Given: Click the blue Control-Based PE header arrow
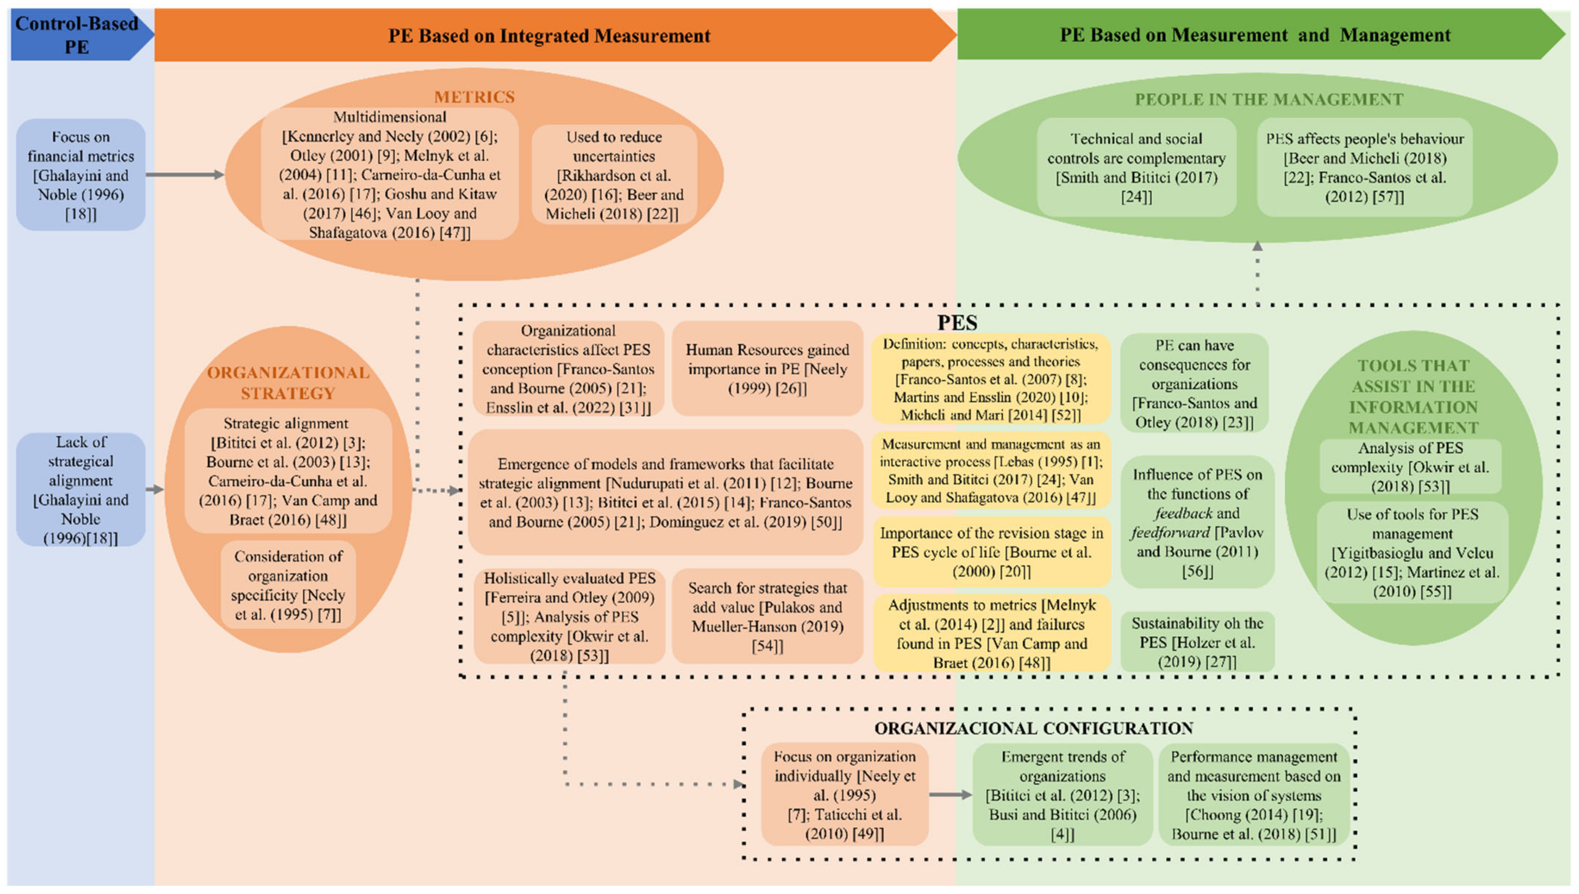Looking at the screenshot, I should pos(77,35).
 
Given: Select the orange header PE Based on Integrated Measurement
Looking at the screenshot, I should pos(549,35).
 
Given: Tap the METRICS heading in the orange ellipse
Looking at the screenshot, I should pos(474,97).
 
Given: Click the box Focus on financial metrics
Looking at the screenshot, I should pos(80,175).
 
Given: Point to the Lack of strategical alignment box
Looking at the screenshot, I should pos(80,489).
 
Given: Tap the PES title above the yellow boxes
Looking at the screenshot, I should pos(957,322).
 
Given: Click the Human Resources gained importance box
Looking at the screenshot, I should pos(767,369).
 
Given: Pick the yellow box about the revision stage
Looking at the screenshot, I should pos(991,552).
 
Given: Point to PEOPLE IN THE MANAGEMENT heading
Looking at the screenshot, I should pos(1268,100).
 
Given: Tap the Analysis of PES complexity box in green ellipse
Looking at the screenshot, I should pos(1410,466).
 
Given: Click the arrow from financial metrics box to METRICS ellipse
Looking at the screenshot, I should pos(184,175).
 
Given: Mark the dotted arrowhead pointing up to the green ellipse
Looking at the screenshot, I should pos(1257,246).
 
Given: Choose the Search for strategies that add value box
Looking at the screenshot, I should pos(767,616).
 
